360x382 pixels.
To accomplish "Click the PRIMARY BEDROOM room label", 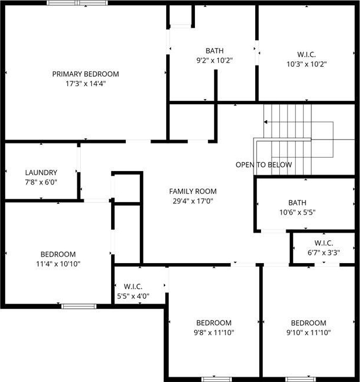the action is (x=85, y=74).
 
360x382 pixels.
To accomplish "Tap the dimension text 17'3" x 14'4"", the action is (x=85, y=84).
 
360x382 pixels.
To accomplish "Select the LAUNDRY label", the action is (x=41, y=172).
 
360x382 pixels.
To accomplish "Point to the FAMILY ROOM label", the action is (x=193, y=191).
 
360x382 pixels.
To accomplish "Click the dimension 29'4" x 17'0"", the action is (x=193, y=201).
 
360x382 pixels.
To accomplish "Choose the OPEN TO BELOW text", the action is (x=263, y=165).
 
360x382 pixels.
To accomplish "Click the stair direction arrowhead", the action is (x=266, y=122).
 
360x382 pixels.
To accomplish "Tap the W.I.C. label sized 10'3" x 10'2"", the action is (x=307, y=54).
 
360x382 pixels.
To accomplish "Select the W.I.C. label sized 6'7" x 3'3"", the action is (x=324, y=243).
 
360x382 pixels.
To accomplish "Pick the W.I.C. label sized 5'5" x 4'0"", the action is (x=133, y=286).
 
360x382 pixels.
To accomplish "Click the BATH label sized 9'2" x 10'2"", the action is (x=214, y=50).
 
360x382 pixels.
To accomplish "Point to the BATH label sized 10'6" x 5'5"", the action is (x=297, y=203).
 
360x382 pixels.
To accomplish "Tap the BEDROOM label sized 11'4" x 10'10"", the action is (x=58, y=254).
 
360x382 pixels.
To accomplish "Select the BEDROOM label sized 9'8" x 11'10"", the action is (x=214, y=323).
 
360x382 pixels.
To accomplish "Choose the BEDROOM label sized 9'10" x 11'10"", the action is (x=308, y=323).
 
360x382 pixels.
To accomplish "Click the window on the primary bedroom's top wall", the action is (x=77, y=3).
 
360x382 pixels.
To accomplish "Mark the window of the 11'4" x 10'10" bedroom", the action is (x=78, y=306).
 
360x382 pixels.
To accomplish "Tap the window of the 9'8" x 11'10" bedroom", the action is (x=217, y=379).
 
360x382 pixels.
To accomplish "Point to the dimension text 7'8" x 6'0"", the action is (x=41, y=182).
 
